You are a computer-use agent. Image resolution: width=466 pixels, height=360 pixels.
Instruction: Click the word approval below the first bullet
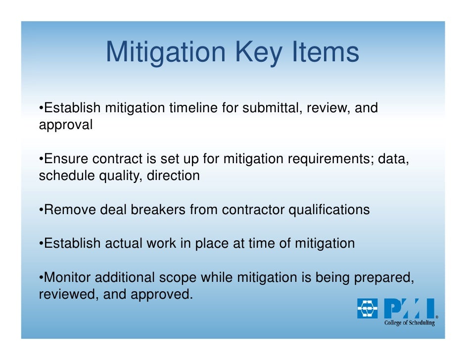tap(65, 125)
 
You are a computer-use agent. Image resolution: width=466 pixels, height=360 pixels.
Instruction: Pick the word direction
tap(173, 176)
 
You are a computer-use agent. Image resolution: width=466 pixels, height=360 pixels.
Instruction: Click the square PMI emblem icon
tap(367, 308)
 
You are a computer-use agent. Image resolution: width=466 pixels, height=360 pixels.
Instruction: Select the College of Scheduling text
tap(410, 323)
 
